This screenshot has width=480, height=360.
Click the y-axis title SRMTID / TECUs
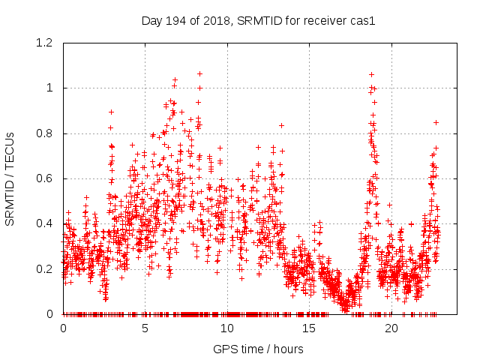coord(10,178)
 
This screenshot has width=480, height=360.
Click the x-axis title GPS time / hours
coord(258,349)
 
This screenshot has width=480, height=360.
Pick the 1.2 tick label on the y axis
coord(43,43)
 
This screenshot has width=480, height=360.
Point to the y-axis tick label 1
coord(49,88)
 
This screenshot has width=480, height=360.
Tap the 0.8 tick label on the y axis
coord(43,133)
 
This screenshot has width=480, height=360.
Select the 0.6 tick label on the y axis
coord(43,178)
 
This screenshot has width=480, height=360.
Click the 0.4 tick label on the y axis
coord(43,223)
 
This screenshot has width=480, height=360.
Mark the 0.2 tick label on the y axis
coord(43,268)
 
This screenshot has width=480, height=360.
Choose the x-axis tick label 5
coord(145,328)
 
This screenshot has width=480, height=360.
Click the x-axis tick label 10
coord(227,328)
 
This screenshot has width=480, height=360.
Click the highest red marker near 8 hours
coord(199,73)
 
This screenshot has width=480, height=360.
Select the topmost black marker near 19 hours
coord(371,74)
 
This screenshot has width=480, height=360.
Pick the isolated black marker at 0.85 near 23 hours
coord(436,122)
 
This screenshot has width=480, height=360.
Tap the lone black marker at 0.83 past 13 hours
coord(281,125)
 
